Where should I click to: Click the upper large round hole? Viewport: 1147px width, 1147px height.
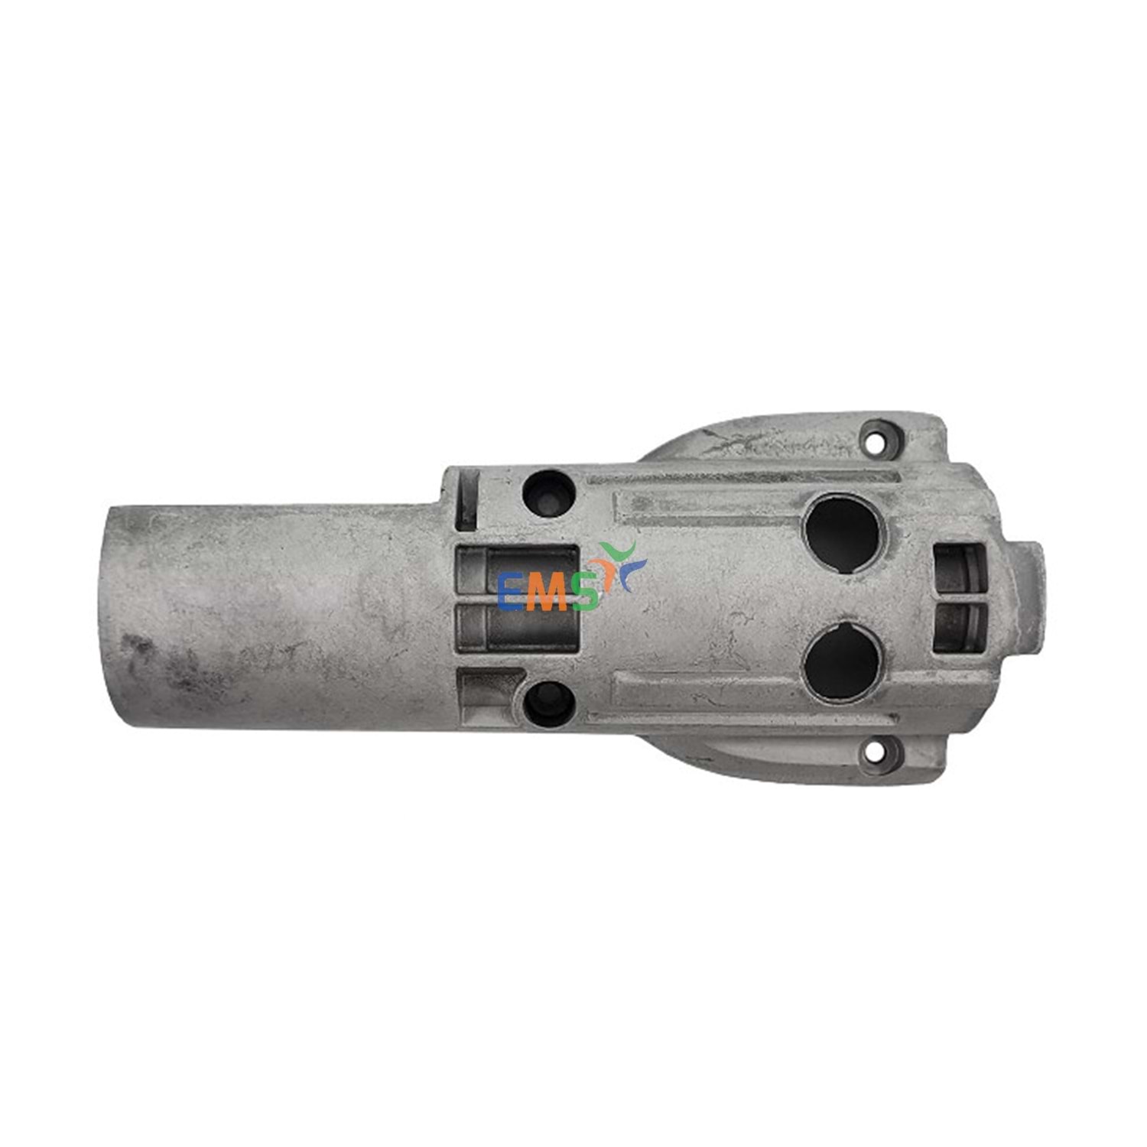pyautogui.click(x=843, y=532)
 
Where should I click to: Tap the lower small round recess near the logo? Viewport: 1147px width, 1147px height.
pyautogui.click(x=549, y=703)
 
